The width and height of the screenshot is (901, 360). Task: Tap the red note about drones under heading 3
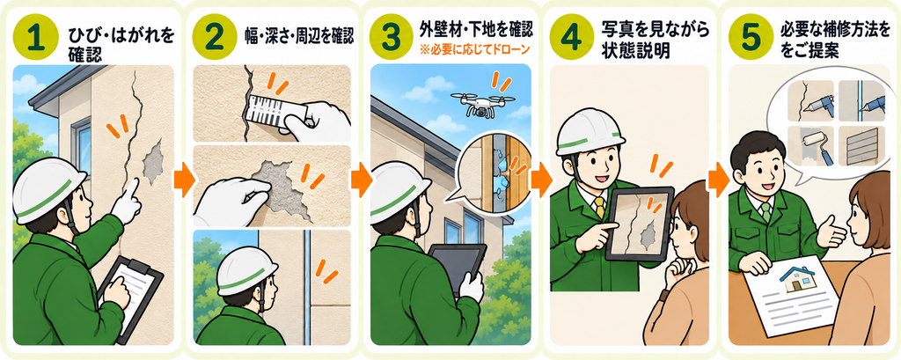pyautogui.click(x=474, y=50)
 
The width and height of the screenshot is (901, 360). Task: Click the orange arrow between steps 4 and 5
pyautogui.click(x=718, y=180)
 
